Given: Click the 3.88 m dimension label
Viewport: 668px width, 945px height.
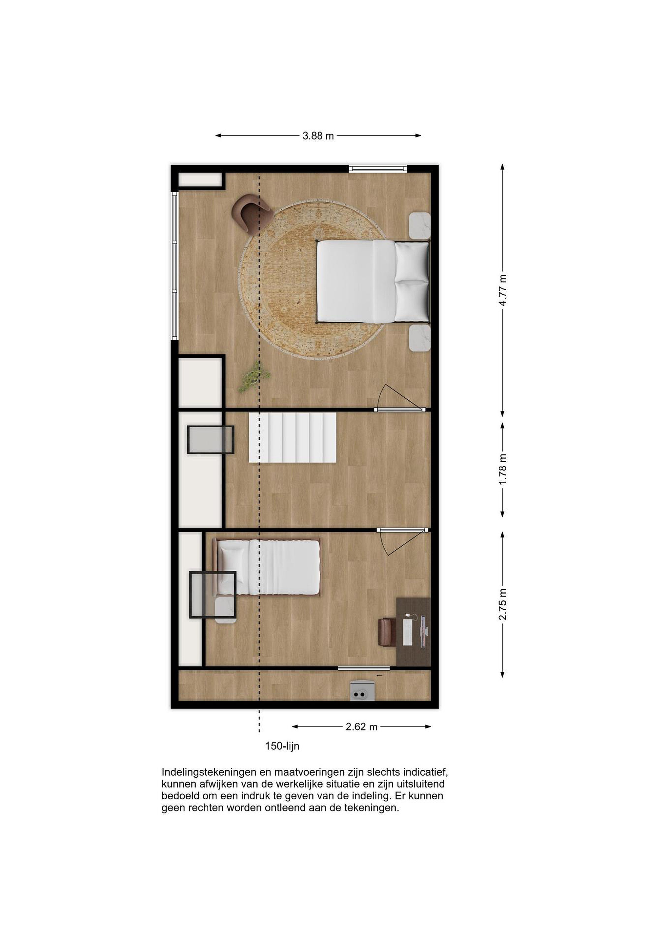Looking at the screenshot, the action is pos(318,136).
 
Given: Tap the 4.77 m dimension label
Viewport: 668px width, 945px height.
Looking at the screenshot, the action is pos(502,290).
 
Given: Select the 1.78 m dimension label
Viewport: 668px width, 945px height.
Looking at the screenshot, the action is pos(502,469).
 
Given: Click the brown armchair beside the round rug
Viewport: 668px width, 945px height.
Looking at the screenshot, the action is pos(251,213).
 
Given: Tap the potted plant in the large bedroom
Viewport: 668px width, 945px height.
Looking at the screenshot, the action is pos(254,376).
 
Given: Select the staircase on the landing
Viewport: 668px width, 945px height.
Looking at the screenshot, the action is pos(293,438).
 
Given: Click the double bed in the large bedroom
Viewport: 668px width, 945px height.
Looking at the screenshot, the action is pos(373,282).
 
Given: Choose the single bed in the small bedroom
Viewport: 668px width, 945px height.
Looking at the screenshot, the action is pos(266,568).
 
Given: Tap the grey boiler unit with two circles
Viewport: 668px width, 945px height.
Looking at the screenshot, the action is pos(362,691).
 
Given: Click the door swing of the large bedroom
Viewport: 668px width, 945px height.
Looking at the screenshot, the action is pos(401,398).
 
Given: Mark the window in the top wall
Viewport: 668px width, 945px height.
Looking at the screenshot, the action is pos(377,169).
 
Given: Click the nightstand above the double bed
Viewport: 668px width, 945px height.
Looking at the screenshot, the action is pos(419,225).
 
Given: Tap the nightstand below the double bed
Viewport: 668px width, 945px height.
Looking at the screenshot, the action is pos(419,338).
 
